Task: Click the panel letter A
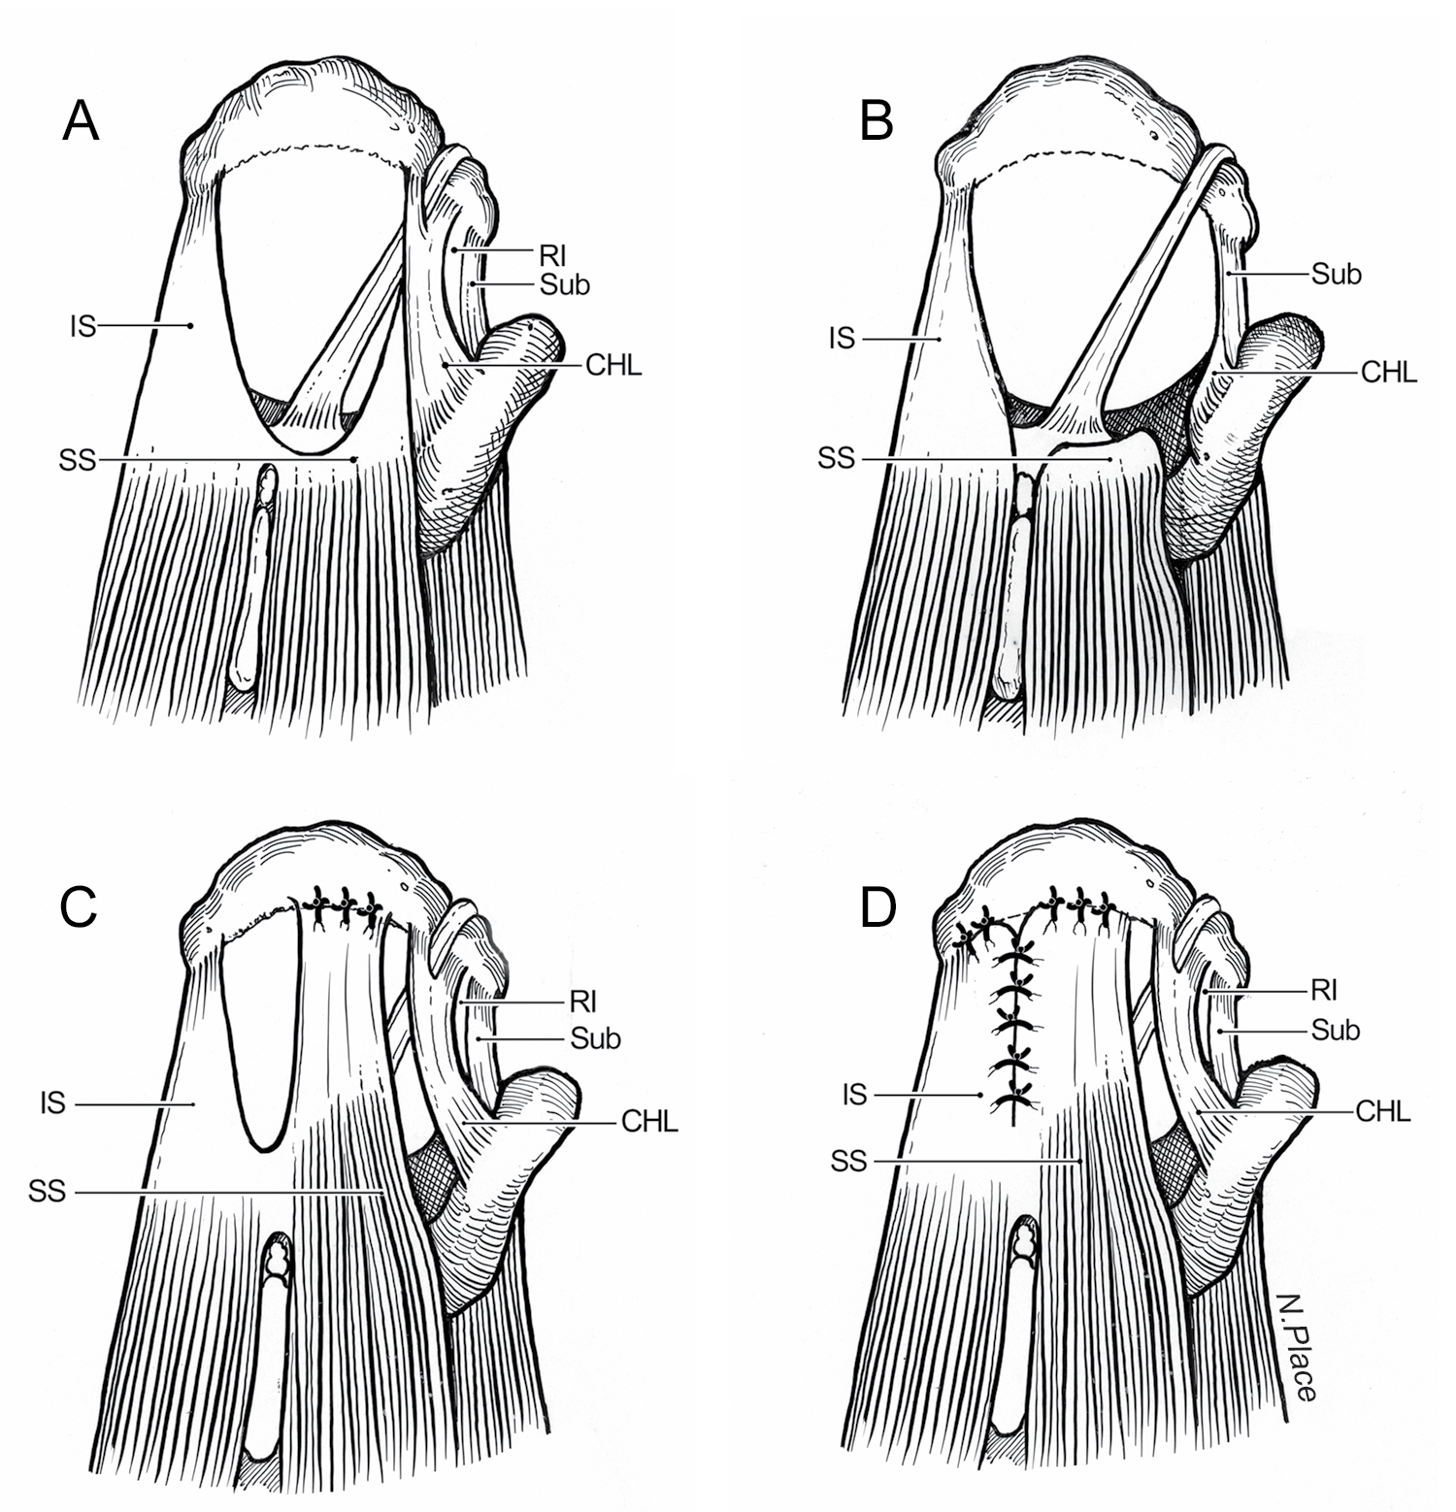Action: click(81, 122)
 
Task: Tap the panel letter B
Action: click(877, 122)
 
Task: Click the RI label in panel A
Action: click(553, 256)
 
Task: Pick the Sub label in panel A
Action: click(565, 285)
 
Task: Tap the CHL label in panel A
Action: click(613, 366)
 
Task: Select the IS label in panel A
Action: click(83, 327)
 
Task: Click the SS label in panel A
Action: click(78, 460)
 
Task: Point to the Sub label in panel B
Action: click(1337, 275)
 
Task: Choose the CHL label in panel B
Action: click(1389, 372)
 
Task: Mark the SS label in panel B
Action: click(837, 458)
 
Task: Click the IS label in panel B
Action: click(843, 339)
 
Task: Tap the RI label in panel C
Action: click(582, 1002)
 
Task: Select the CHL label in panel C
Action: click(649, 1123)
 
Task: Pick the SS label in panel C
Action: click(47, 1191)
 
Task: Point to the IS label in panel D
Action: click(854, 1096)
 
